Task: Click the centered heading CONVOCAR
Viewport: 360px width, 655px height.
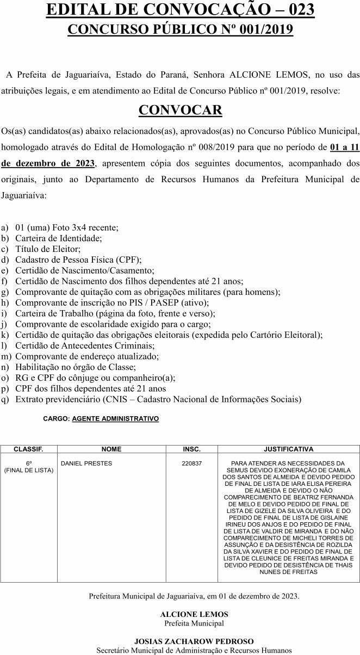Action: [180, 110]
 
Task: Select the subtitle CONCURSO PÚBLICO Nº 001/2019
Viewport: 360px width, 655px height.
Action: [180, 29]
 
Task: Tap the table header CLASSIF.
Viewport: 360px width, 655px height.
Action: [28, 449]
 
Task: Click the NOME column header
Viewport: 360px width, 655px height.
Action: [111, 449]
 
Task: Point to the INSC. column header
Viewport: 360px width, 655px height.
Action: [191, 449]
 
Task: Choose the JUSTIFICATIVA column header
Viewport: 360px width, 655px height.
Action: [288, 449]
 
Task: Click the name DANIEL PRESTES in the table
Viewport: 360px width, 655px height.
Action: [87, 464]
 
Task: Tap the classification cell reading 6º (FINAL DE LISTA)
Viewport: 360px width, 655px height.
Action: [29, 467]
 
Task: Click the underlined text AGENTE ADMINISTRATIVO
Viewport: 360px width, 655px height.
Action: [115, 419]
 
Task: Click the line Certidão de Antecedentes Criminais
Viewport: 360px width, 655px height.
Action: [85, 345]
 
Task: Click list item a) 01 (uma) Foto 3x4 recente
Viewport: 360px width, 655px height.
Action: [67, 227]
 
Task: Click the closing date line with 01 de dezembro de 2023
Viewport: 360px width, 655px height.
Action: [194, 596]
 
